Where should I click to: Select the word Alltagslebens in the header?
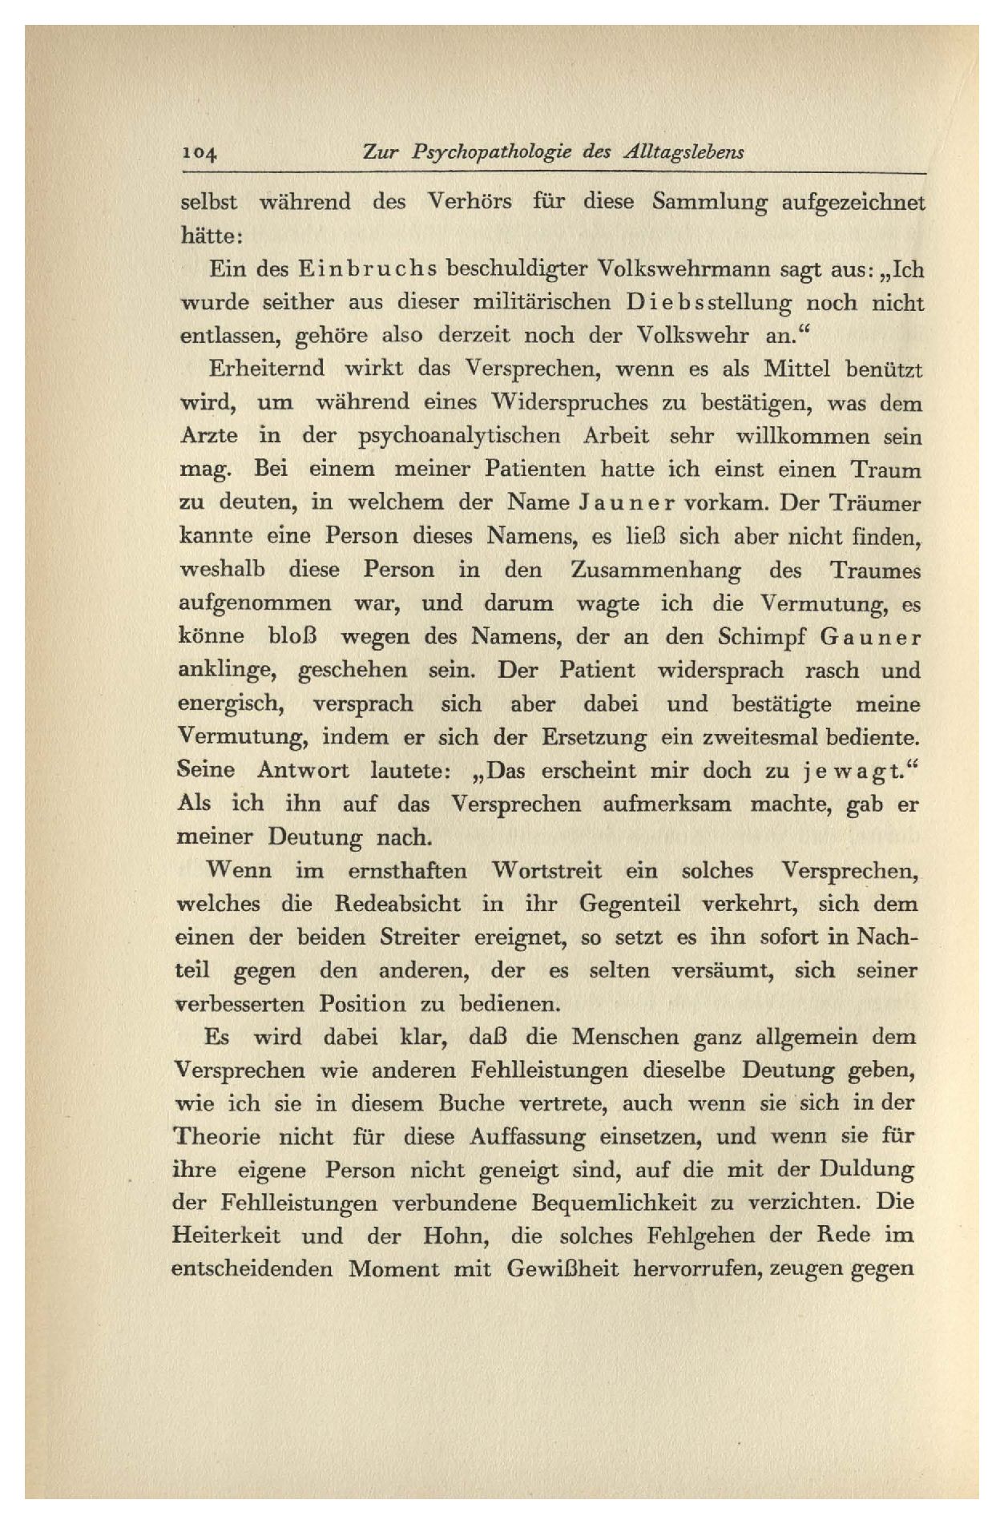[683, 152]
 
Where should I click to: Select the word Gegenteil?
[629, 904]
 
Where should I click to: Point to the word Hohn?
[458, 1236]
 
